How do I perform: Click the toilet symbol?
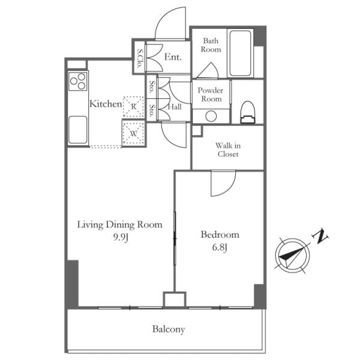pyautogui.click(x=247, y=112)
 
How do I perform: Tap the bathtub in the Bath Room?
pyautogui.click(x=240, y=53)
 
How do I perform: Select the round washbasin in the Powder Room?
pyautogui.click(x=211, y=116)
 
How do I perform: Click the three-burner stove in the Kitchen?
pyautogui.click(x=78, y=81)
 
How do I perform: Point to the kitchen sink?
pyautogui.click(x=78, y=130)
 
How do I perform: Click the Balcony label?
pyautogui.click(x=169, y=329)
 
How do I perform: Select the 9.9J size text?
pyautogui.click(x=121, y=237)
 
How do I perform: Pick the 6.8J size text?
pyautogui.click(x=220, y=247)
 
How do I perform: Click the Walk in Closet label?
pyautogui.click(x=228, y=149)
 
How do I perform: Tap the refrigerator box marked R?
pyautogui.click(x=134, y=107)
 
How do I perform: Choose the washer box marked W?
pyautogui.click(x=134, y=133)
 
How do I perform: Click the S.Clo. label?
pyautogui.click(x=139, y=59)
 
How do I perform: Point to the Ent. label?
pyautogui.click(x=173, y=57)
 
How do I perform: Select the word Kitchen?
pyautogui.click(x=106, y=104)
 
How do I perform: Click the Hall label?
pyautogui.click(x=175, y=107)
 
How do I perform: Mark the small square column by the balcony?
pyautogui.click(x=175, y=299)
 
